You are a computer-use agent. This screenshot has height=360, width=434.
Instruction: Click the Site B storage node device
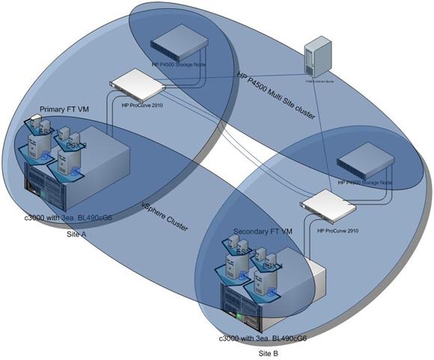pyautogui.click(x=365, y=165)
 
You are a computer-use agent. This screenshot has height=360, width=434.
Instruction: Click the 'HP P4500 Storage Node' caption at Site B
pyautogui.click(x=364, y=182)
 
